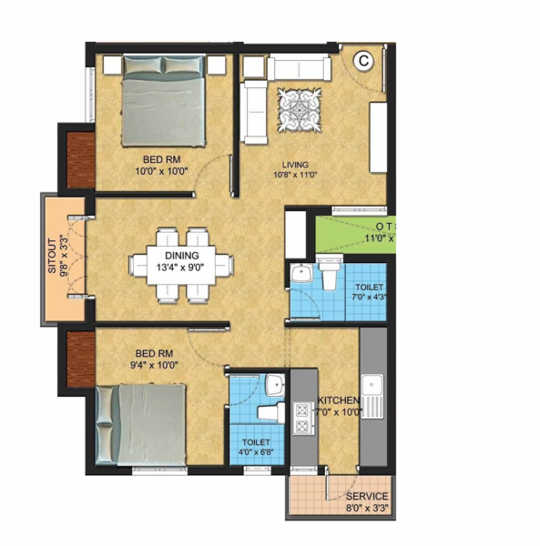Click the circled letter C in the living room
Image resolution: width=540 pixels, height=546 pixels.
pyautogui.click(x=363, y=62)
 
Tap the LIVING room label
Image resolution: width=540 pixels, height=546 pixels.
pyautogui.click(x=296, y=165)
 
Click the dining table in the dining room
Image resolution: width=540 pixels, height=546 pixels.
pyautogui.click(x=180, y=263)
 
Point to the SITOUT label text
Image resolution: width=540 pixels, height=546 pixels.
pyautogui.click(x=53, y=258)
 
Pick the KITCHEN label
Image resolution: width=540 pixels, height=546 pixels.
pyautogui.click(x=339, y=400)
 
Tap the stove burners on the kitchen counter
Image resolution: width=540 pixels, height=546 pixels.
pyautogui.click(x=301, y=417)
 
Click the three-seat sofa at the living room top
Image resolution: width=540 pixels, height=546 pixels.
pyautogui.click(x=298, y=68)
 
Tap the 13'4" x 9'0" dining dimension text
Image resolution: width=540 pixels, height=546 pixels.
pyautogui.click(x=180, y=268)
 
